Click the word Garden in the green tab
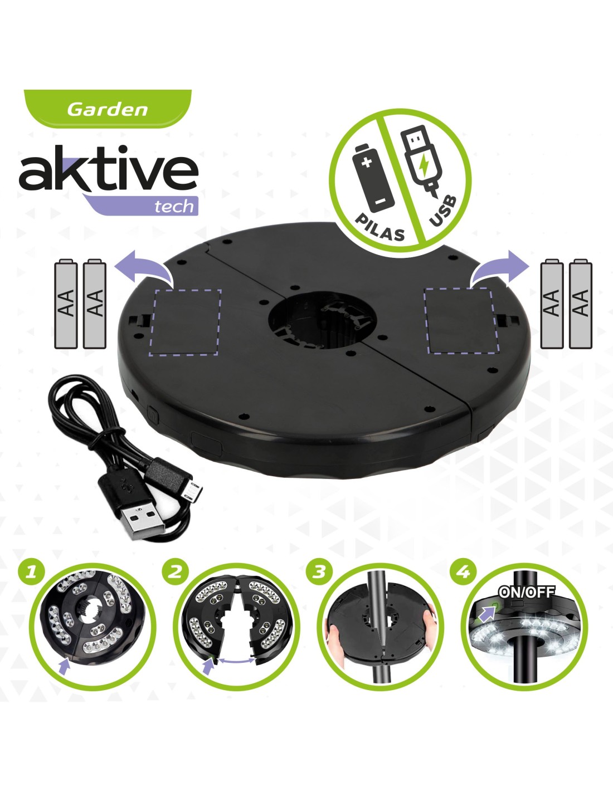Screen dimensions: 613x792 tap(107, 109)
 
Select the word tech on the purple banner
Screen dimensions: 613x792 tap(174, 206)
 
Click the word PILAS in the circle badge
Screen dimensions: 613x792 tap(380, 227)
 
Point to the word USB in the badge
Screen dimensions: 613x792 tap(442, 212)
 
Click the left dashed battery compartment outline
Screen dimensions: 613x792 tap(185, 321)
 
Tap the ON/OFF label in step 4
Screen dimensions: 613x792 tap(527, 592)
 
